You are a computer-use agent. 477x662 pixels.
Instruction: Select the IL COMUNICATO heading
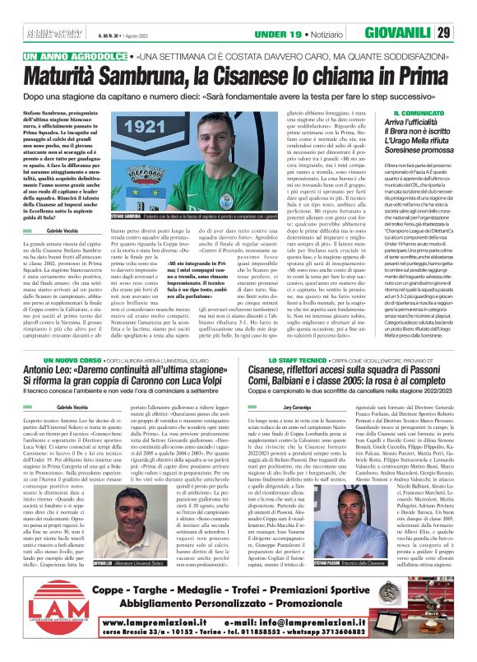(x=396, y=114)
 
